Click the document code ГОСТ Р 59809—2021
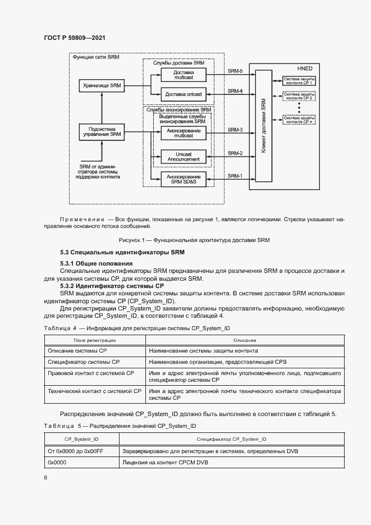(x=74, y=38)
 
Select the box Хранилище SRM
(x=102, y=85)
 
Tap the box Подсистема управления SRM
(x=102, y=131)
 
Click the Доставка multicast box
(x=184, y=75)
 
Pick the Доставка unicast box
(x=184, y=93)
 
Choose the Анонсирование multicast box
(x=184, y=133)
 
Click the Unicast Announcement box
(x=184, y=156)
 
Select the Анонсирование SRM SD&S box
(x=184, y=179)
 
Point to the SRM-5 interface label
(x=235, y=71)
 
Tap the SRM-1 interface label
(x=235, y=176)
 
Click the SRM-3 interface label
(x=235, y=130)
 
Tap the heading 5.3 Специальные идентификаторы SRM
(x=122, y=252)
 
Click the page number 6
(x=45, y=477)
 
